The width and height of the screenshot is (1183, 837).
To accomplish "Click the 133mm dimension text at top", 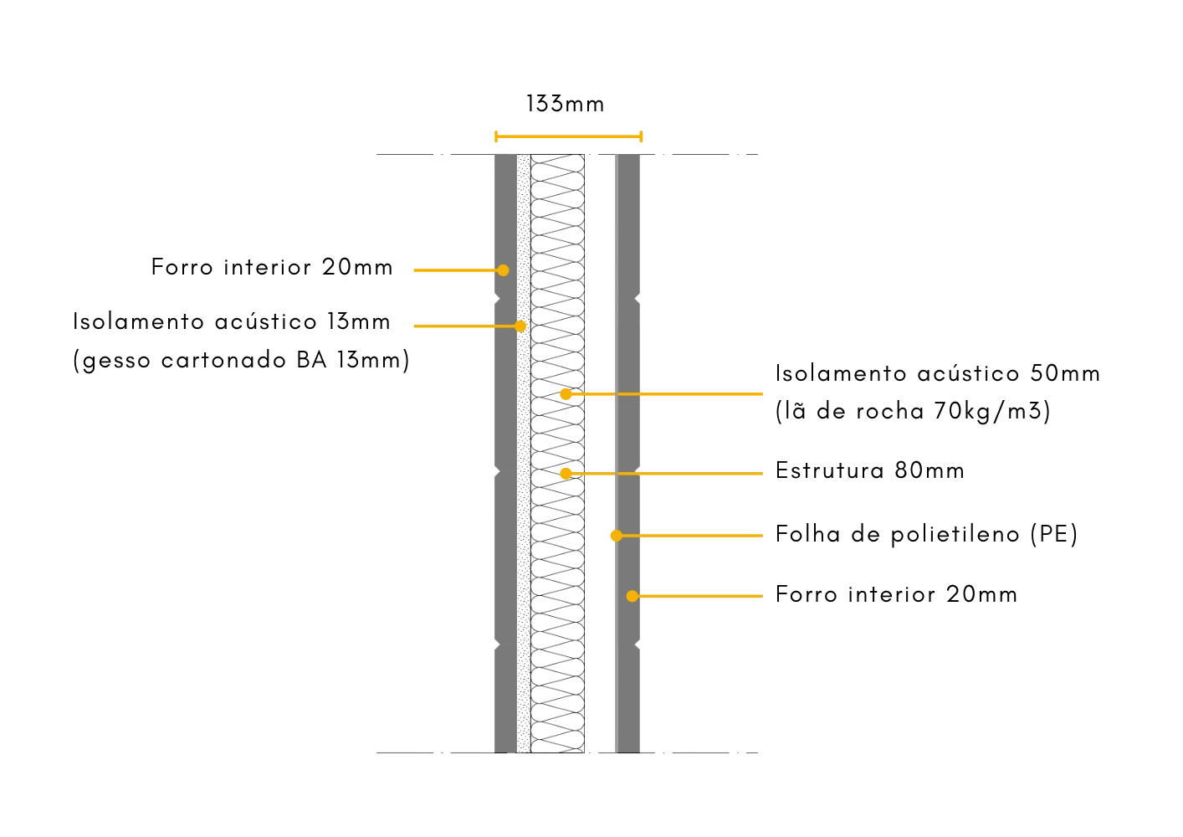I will point(565,105).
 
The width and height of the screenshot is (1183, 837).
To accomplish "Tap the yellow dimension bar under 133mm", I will point(567,136).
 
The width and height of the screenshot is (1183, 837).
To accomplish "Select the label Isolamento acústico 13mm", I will point(233,322).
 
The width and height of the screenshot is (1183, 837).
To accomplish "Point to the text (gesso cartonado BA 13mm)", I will point(242,361).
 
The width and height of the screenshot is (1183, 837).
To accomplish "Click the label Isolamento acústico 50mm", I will point(939,373).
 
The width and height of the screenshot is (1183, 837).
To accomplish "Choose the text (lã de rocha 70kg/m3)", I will point(913,412).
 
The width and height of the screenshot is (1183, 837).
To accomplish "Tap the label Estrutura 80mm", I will point(870,471).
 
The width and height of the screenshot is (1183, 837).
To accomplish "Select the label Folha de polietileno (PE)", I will point(926,534).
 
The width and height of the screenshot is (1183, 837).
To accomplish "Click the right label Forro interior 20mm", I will point(897,594).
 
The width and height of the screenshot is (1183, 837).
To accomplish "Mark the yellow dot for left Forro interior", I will point(503,270).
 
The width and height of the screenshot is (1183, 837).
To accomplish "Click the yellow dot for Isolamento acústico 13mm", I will point(520,326).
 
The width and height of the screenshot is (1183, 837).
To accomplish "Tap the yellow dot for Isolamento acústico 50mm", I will point(566,393).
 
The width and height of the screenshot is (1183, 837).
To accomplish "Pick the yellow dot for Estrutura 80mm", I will point(566,473).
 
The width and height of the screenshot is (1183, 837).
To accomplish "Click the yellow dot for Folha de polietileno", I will point(615,535).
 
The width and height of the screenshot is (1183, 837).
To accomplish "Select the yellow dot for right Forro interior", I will point(632,596).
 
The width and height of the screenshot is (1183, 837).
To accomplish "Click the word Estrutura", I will point(829,471).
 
